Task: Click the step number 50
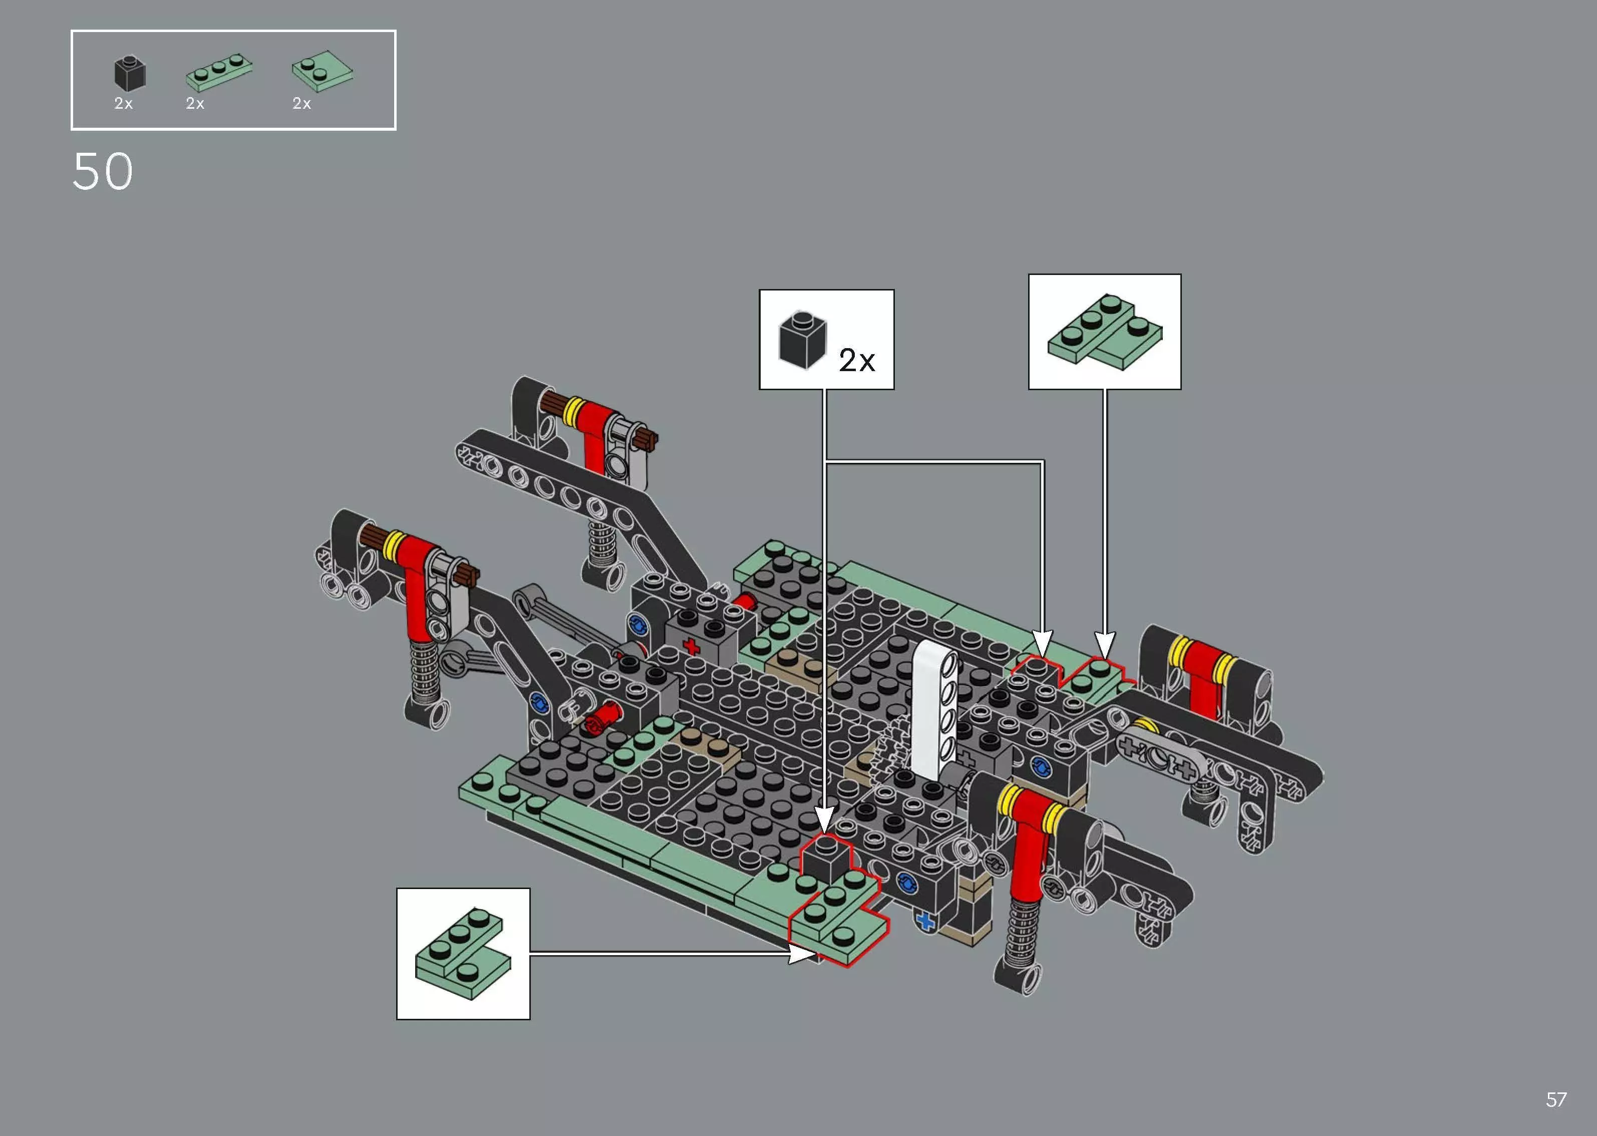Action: pos(102,172)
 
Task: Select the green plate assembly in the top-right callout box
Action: pos(1104,332)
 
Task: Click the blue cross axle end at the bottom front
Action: pos(926,922)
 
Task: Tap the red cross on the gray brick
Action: pos(692,646)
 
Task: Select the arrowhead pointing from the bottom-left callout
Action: pos(801,953)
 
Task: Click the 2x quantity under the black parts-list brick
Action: pos(123,104)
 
